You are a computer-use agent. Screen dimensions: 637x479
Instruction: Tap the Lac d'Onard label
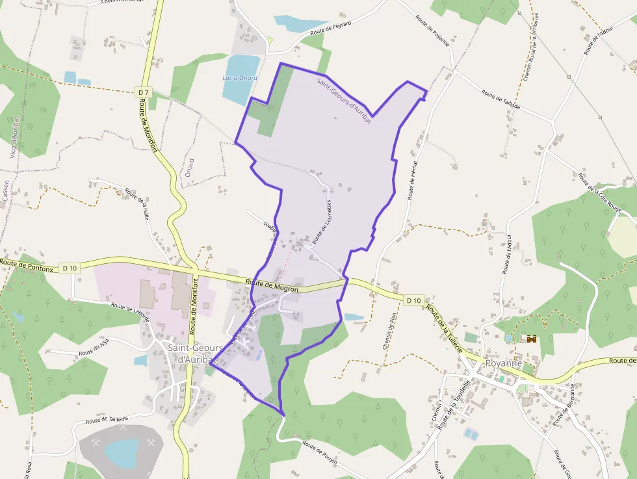pos(240,78)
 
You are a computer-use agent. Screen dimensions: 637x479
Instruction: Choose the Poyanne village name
pos(502,363)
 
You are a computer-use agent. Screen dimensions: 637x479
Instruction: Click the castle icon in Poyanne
pos(532,339)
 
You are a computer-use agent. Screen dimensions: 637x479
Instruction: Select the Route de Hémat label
pos(412,180)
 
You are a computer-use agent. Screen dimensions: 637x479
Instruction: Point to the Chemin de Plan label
pos(390,330)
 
